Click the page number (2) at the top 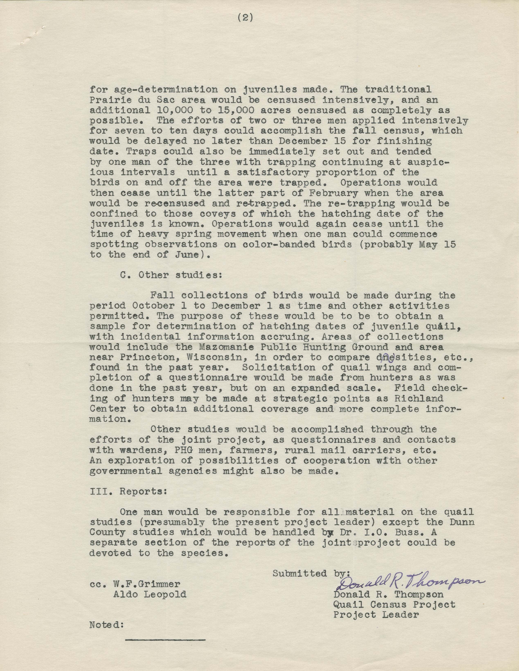[x=245, y=18]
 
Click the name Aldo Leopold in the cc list [x=150, y=594]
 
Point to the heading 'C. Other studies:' [x=171, y=275]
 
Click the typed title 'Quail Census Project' [x=394, y=605]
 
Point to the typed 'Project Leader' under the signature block [x=376, y=615]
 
